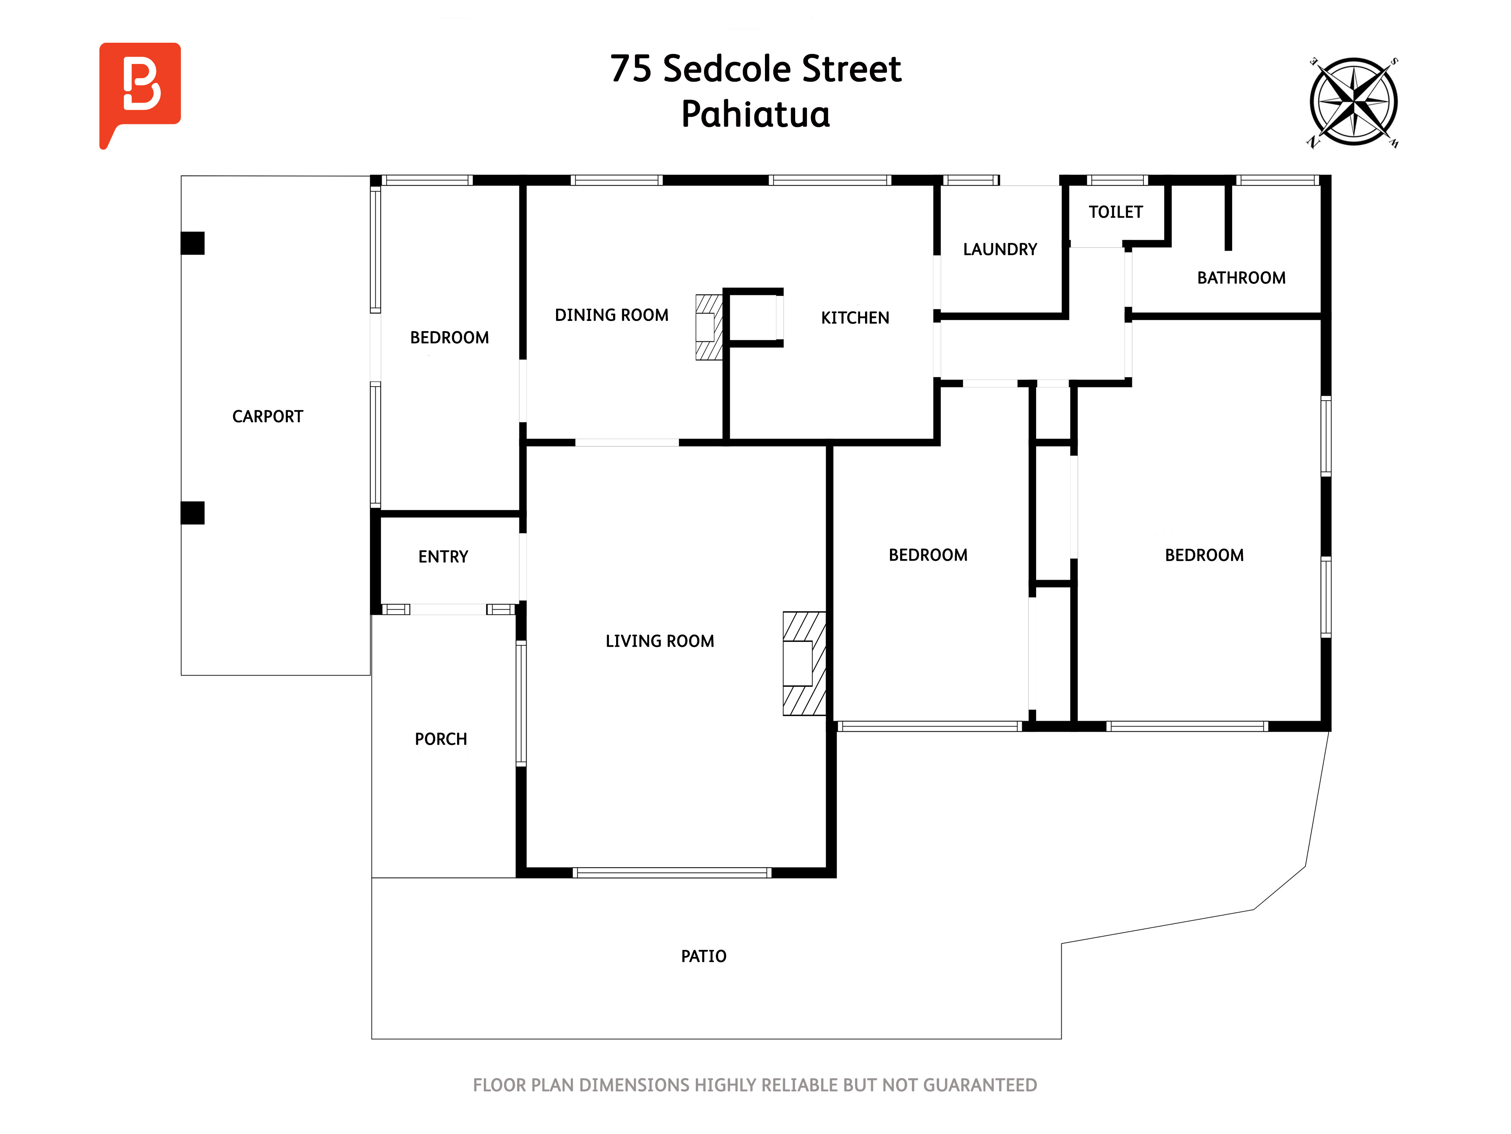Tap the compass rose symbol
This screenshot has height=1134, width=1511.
[x=1353, y=102]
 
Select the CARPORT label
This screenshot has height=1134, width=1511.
[x=268, y=416]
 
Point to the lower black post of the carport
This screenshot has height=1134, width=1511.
[x=193, y=513]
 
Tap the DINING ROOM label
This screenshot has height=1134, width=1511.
[x=611, y=315]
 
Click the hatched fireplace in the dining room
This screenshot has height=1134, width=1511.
[x=709, y=327]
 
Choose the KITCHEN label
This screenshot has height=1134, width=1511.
[x=855, y=318]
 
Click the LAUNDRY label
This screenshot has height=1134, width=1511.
[x=1000, y=249]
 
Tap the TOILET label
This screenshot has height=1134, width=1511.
[x=1115, y=212]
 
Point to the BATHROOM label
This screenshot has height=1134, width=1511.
[x=1241, y=277]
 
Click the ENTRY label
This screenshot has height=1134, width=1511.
[x=443, y=556]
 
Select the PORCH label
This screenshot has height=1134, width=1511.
[x=440, y=739]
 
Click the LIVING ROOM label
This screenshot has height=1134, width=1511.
[x=660, y=641]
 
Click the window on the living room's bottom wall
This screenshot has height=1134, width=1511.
[x=672, y=872]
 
